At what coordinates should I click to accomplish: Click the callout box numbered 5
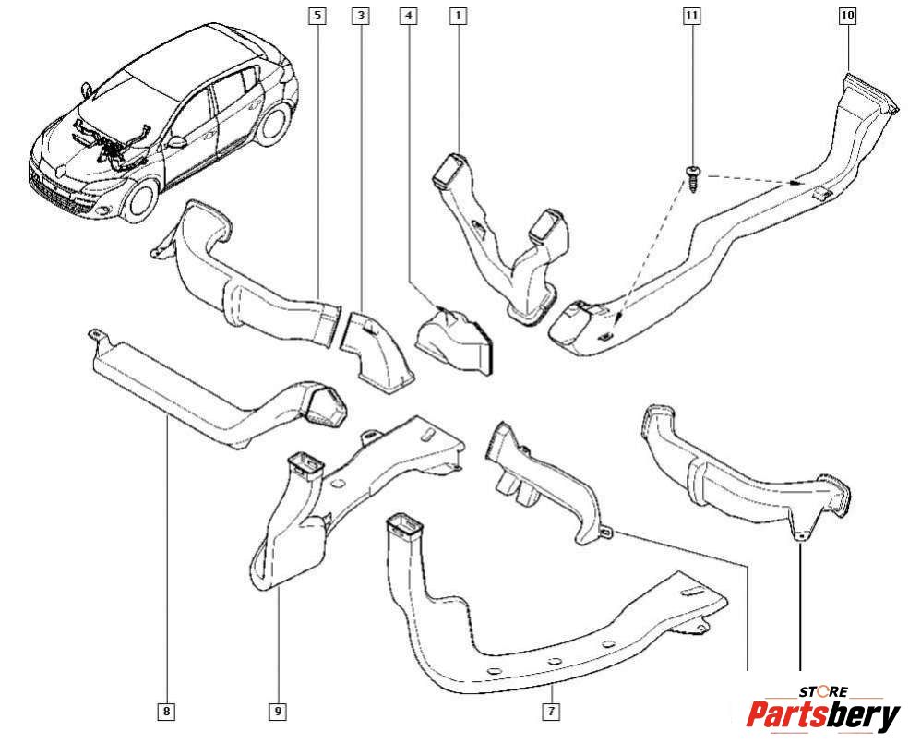pos(317,15)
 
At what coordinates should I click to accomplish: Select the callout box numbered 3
pos(360,15)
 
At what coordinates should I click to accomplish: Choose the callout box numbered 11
pos(691,15)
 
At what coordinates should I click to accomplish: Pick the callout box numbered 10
pos(847,15)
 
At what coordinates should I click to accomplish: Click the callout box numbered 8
pos(166,711)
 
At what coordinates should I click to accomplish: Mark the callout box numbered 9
pos(277,711)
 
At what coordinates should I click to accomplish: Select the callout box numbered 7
pos(550,711)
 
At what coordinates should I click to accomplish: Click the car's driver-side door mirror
pos(175,143)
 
